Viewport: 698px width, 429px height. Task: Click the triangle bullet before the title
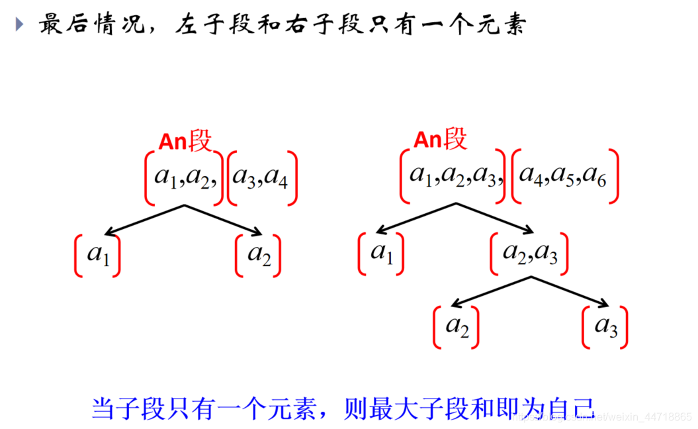click(x=19, y=24)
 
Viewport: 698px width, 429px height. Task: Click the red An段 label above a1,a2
click(x=185, y=141)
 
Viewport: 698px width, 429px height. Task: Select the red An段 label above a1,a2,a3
click(x=440, y=140)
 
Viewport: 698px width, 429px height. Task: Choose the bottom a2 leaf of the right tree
click(x=457, y=327)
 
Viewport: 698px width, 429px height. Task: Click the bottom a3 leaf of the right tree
click(x=605, y=327)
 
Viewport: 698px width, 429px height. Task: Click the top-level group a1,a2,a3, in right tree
click(x=453, y=175)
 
